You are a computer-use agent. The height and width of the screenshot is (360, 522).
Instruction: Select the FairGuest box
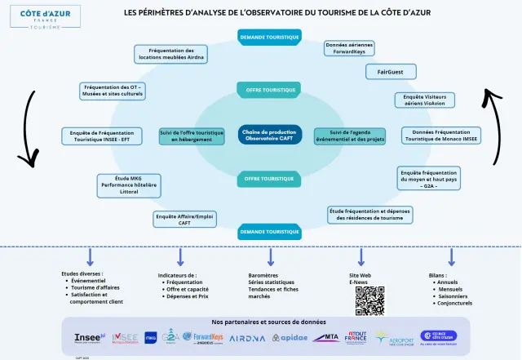(x=391, y=72)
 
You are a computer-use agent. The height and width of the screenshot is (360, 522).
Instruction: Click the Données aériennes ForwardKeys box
(x=349, y=48)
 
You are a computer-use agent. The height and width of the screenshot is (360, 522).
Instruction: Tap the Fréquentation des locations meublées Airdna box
(x=171, y=54)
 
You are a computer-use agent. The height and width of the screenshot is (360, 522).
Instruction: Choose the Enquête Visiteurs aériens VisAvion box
(x=424, y=100)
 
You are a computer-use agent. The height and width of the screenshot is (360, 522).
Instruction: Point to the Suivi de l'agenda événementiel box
(x=348, y=136)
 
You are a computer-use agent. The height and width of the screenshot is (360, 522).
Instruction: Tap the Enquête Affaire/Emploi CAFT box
(x=184, y=219)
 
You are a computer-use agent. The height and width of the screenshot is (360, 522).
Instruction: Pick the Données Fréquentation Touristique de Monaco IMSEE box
(x=441, y=136)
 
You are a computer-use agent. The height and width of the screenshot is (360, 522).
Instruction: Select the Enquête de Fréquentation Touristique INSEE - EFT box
(x=96, y=136)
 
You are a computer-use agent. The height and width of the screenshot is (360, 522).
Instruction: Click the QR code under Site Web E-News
(x=369, y=301)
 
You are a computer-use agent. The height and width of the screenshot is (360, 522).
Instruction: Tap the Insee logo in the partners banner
(x=88, y=337)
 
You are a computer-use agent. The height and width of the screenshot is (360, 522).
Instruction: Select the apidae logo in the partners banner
(x=290, y=338)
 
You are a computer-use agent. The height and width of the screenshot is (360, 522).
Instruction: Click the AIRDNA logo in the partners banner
(x=247, y=338)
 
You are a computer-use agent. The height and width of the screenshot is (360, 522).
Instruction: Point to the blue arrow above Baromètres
(x=271, y=256)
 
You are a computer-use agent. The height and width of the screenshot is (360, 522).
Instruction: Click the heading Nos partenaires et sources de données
(x=268, y=322)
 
